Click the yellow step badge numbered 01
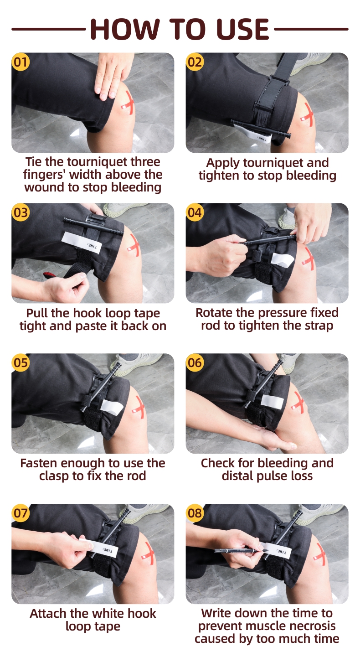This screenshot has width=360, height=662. tap(21, 62)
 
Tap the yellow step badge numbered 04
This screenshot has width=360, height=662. tap(195, 212)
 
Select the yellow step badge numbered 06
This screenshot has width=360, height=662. tap(195, 362)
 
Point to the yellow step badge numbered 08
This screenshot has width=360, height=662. tap(195, 513)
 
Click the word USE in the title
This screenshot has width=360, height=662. tap(242, 29)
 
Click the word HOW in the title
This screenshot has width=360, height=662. tap(127, 29)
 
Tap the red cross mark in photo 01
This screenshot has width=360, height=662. tap(128, 103)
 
